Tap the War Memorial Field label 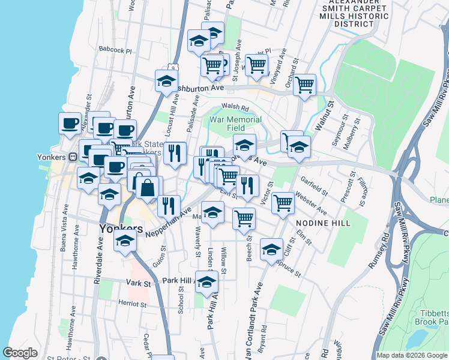[x=235, y=124]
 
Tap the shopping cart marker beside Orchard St [x=305, y=85]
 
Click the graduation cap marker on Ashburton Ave [x=166, y=81]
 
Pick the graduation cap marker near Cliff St [x=271, y=248]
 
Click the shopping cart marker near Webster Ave [x=283, y=202]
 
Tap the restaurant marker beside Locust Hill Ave [x=175, y=152]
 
